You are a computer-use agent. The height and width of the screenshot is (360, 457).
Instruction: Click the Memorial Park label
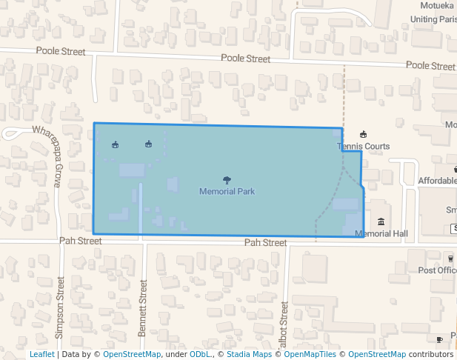coord(227,191)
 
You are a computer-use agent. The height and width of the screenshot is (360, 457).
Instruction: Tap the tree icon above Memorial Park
coord(227,180)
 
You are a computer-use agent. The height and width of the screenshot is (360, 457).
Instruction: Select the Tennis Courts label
coord(363,146)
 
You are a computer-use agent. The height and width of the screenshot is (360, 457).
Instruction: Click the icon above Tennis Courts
coord(363,134)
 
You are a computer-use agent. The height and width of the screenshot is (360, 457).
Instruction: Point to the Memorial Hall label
coord(381,234)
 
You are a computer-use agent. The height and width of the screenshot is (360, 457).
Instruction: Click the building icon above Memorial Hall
coord(381,222)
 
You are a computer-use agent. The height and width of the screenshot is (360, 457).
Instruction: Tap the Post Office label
coord(437,270)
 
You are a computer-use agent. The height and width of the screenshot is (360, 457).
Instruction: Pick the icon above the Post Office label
coord(450,258)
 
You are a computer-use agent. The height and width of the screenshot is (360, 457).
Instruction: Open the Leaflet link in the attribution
coord(41,354)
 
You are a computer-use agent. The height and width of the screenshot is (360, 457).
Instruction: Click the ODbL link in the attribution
coord(200,354)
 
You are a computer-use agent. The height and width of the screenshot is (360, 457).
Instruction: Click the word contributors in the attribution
coord(430,354)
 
